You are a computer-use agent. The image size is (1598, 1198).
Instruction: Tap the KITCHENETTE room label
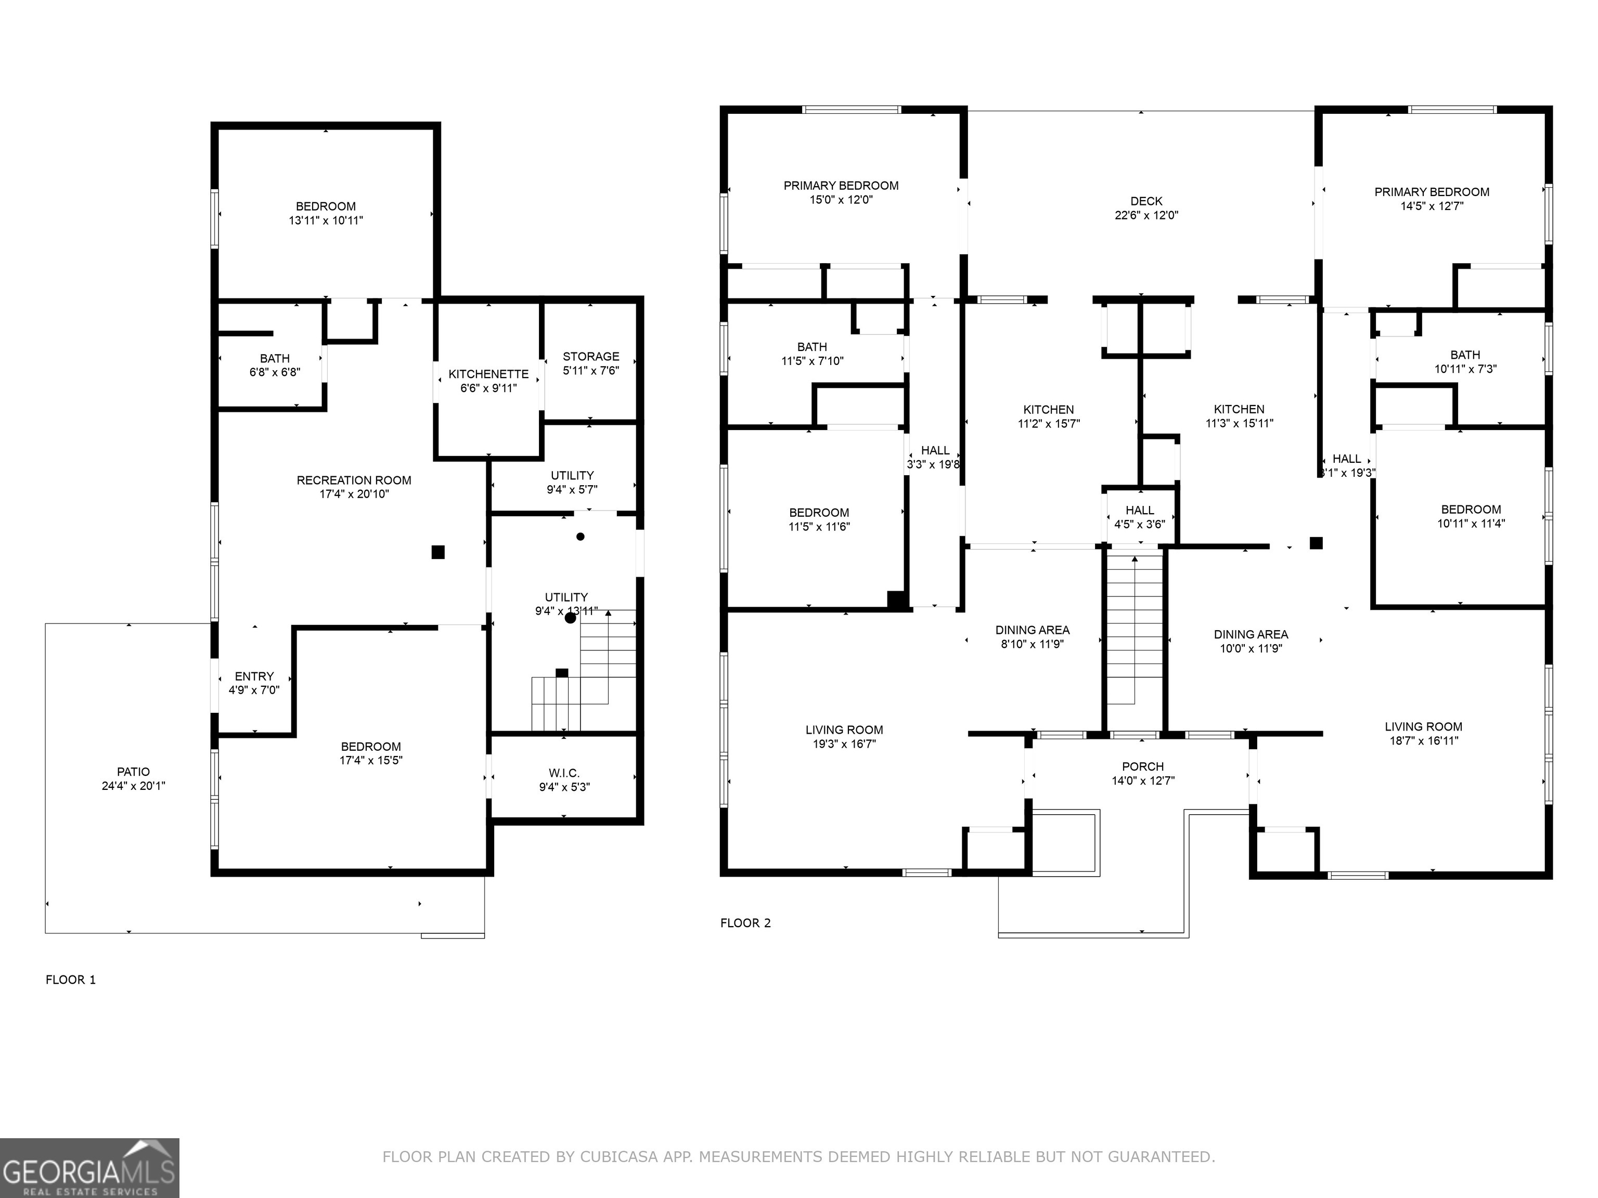pos(488,374)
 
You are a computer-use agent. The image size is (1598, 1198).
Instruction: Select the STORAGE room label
pos(590,357)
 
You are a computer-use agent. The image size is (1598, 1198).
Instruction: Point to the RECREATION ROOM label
pos(354,480)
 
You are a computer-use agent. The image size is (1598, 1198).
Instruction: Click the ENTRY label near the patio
pos(254,676)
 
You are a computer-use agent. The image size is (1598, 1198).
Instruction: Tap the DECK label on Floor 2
pos(1146,201)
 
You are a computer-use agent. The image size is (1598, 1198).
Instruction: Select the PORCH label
pos(1142,767)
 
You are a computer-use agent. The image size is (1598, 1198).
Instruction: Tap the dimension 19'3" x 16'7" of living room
pos(844,744)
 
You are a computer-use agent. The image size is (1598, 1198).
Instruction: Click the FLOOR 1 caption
pos(71,980)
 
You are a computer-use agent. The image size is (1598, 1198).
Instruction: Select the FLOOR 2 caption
pos(745,923)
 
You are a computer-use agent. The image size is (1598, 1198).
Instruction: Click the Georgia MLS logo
pos(89,1168)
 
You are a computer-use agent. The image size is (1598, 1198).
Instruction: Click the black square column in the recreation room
pos(438,552)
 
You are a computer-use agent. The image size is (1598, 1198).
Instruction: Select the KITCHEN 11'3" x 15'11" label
pos(1239,416)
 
